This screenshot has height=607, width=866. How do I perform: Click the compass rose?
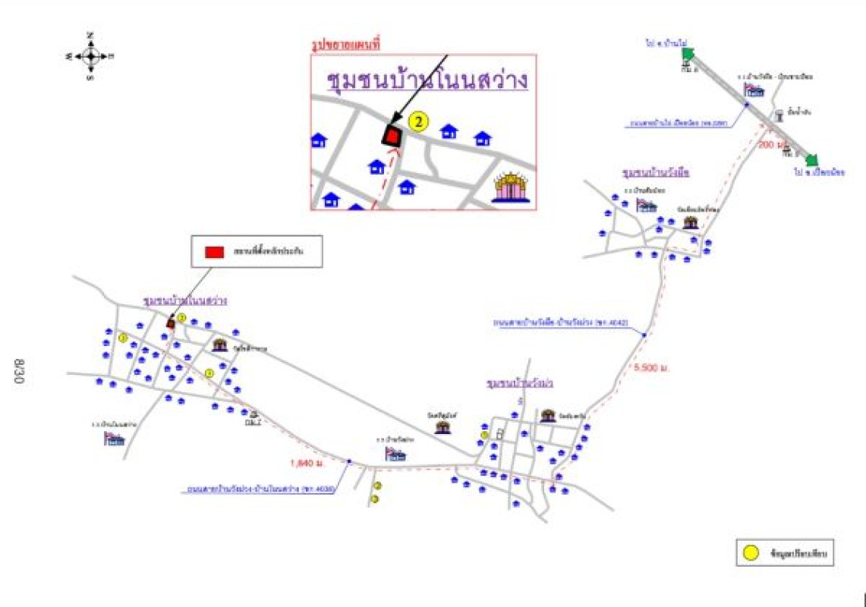point(90,55)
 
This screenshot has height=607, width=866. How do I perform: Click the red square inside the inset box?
point(392,136)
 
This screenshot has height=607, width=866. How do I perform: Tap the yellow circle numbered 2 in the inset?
point(418,121)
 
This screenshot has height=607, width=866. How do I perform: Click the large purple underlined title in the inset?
point(427,80)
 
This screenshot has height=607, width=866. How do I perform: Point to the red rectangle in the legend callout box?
point(215,250)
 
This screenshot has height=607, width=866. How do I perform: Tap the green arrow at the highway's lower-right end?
point(811,159)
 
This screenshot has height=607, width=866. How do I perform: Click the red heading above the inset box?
point(346,45)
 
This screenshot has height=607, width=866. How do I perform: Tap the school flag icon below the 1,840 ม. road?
point(395,454)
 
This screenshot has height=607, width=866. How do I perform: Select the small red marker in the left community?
point(171,323)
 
